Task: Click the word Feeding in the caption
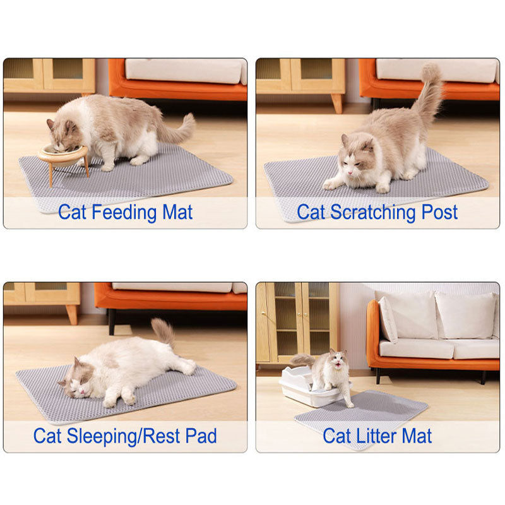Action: pyautogui.click(x=123, y=212)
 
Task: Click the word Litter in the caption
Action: pyautogui.click(x=373, y=436)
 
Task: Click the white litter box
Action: pyautogui.click(x=303, y=387)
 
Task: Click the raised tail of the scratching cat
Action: pyautogui.click(x=429, y=95)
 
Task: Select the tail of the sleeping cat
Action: pyautogui.click(x=164, y=331)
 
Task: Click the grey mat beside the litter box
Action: pyautogui.click(x=366, y=413)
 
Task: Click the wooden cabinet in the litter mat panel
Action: pyautogui.click(x=297, y=322)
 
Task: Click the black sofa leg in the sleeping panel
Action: pyautogui.click(x=112, y=321)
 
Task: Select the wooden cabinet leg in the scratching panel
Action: pyautogui.click(x=338, y=104)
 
